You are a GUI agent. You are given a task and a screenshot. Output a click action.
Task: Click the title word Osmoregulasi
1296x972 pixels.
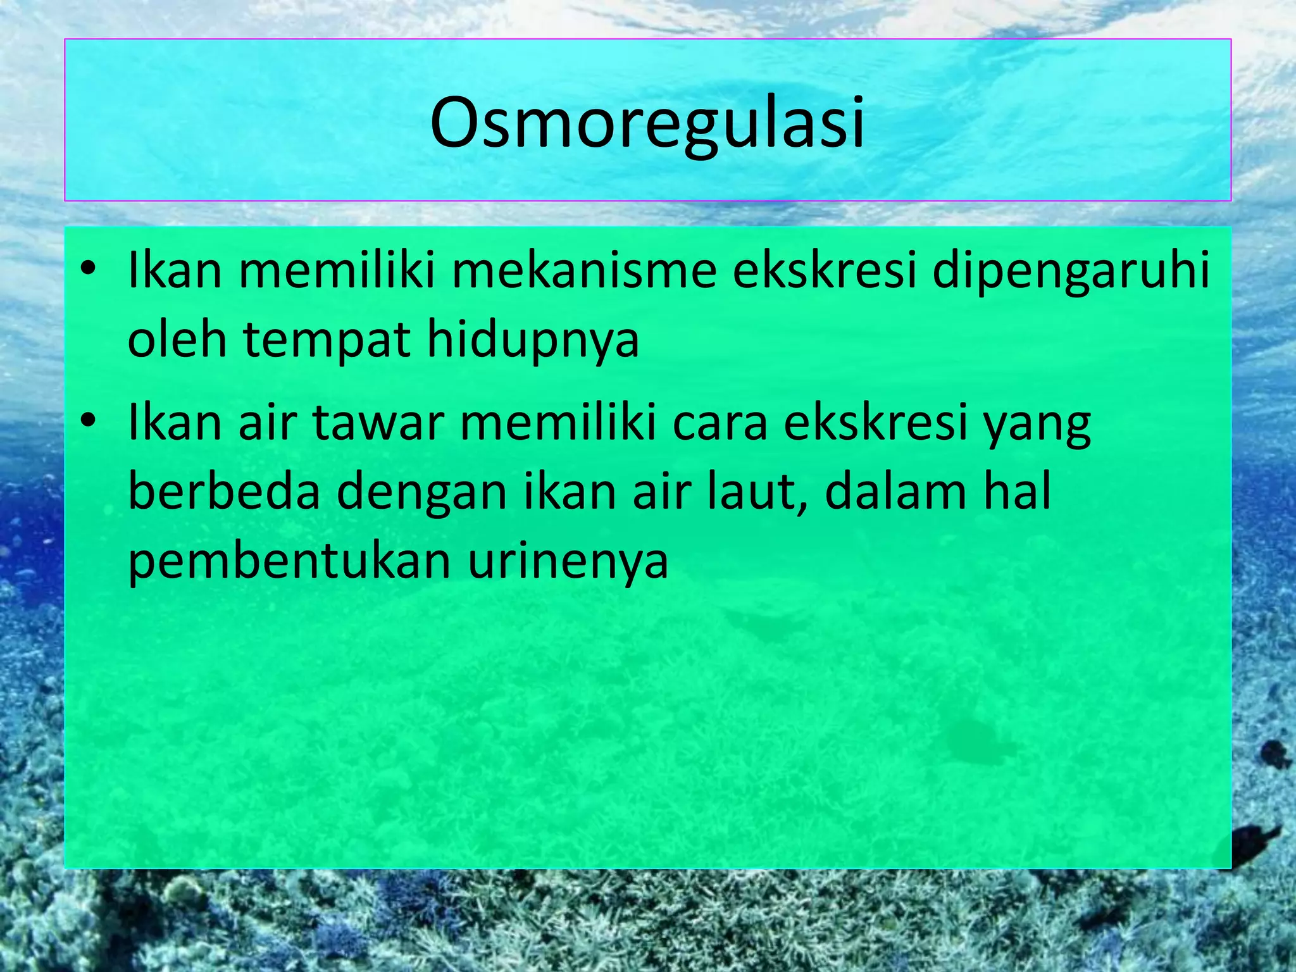647,123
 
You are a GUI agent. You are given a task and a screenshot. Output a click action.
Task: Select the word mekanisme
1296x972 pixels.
583,271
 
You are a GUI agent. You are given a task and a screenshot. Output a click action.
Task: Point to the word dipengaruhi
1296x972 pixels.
1071,271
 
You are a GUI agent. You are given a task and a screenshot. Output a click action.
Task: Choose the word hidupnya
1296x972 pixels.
533,340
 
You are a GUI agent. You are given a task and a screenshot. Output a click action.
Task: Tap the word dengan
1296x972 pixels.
421,492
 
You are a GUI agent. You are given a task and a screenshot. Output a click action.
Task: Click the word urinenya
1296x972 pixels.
568,561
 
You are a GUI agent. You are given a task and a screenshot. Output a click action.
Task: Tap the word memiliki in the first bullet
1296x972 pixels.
337,271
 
